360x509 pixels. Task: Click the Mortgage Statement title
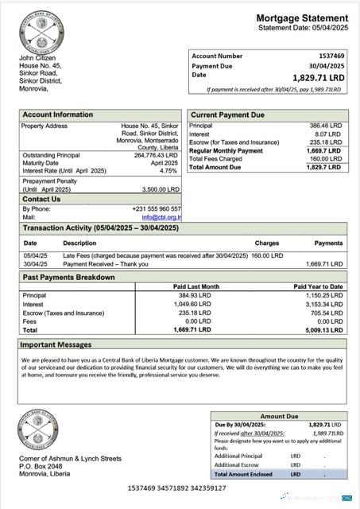(x=302, y=18)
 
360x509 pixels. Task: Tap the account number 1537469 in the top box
(x=331, y=56)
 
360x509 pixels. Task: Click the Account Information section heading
(x=57, y=115)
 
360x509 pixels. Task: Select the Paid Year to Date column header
(x=318, y=286)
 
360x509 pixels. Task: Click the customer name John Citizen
(x=38, y=59)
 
